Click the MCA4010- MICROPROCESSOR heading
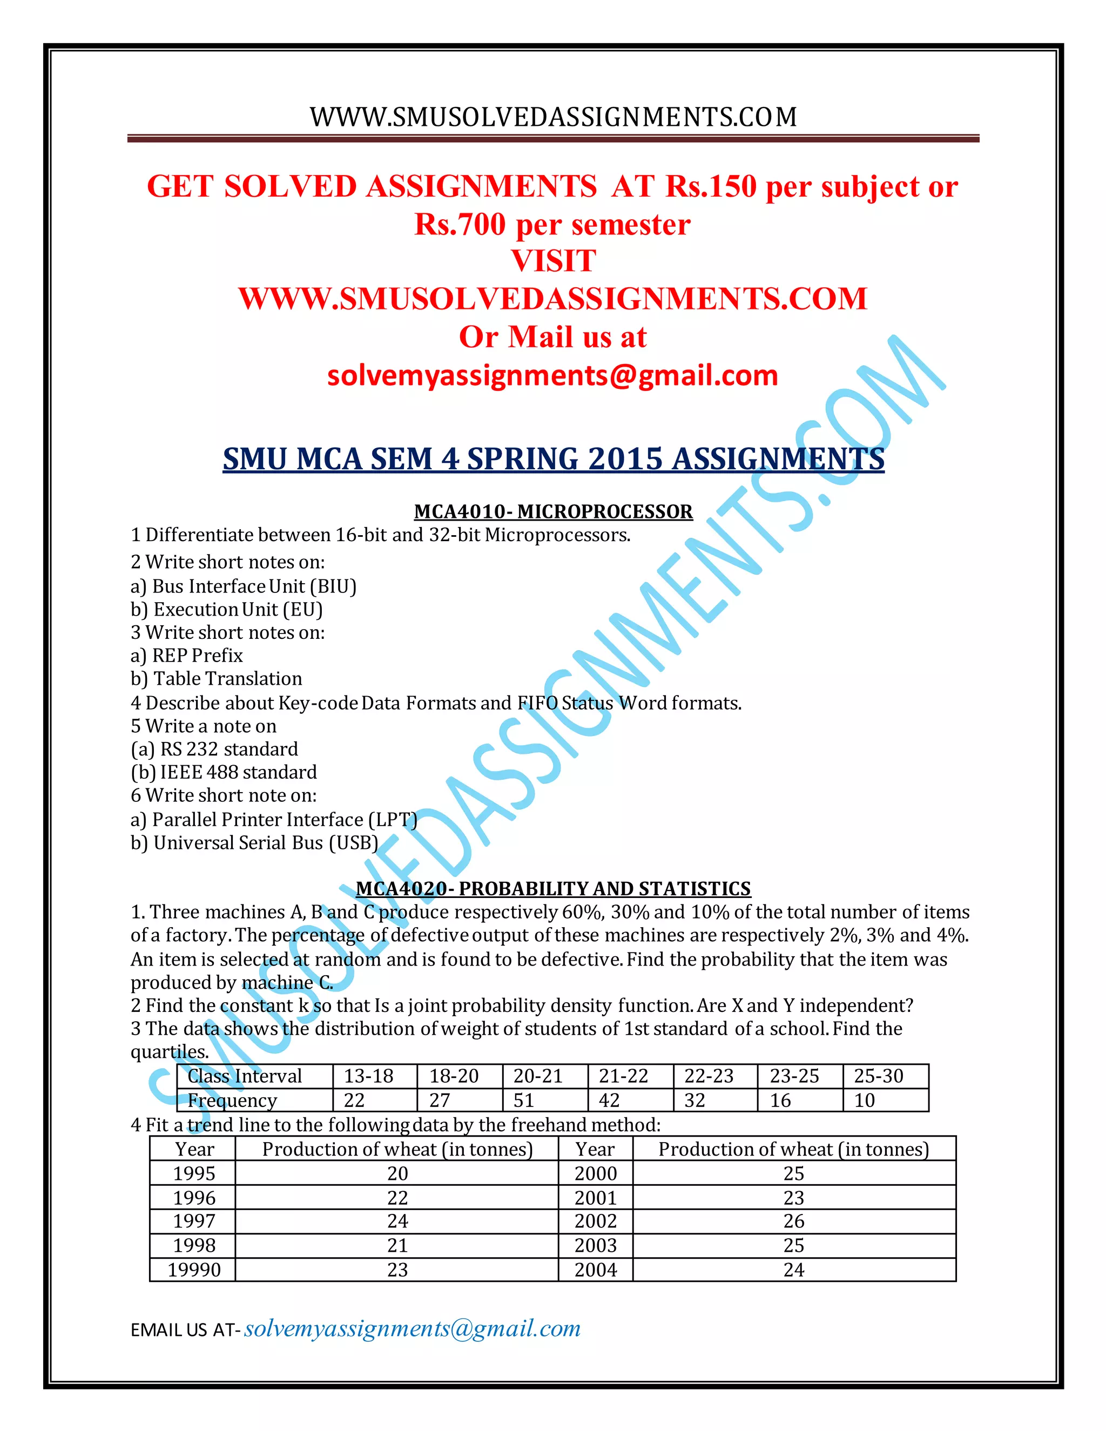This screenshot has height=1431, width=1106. pos(553,511)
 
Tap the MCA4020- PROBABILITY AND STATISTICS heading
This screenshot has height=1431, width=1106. pos(553,888)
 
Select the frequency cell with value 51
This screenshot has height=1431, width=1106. pos(523,1100)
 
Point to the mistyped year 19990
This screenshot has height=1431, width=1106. pos(194,1270)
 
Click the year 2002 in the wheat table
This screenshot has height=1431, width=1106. pos(596,1221)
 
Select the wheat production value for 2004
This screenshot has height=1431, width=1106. pos(793,1270)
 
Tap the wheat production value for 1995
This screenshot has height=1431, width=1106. pos(397,1173)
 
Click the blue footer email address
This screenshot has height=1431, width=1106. pos(412,1328)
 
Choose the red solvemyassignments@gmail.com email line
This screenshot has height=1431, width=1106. pos(552,375)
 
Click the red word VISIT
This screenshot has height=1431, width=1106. pos(553,261)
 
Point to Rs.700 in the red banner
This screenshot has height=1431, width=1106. pos(460,224)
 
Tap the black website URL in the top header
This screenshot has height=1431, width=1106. pos(553,117)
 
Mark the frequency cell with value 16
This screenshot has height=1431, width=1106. pos(780,1100)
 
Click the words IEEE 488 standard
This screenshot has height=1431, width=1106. pos(239,772)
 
